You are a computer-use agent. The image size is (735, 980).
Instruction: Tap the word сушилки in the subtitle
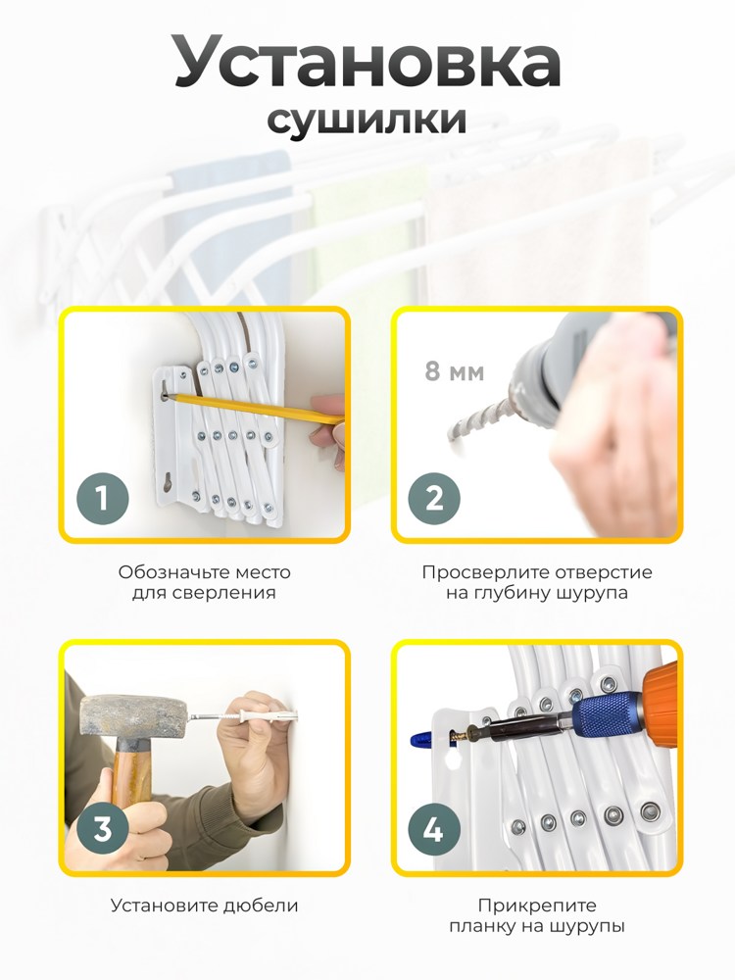[367, 119]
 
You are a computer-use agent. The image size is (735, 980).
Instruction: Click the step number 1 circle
[103, 499]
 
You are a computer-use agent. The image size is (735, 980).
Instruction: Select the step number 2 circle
[434, 499]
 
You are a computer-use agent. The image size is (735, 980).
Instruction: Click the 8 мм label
[455, 371]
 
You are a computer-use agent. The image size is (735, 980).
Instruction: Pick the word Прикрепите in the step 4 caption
[537, 906]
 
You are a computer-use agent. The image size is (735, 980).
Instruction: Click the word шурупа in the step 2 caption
[592, 593]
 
